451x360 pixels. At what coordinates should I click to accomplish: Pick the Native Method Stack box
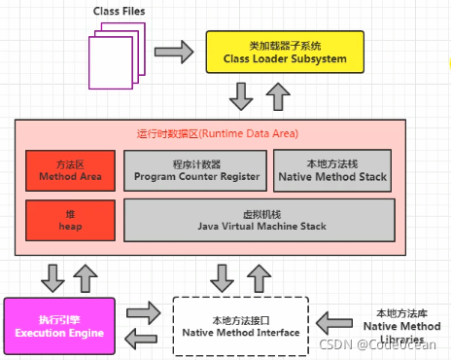(x=331, y=169)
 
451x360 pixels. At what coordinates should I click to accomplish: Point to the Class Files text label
(x=121, y=12)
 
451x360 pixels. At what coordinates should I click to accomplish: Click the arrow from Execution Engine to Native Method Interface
(x=140, y=314)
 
